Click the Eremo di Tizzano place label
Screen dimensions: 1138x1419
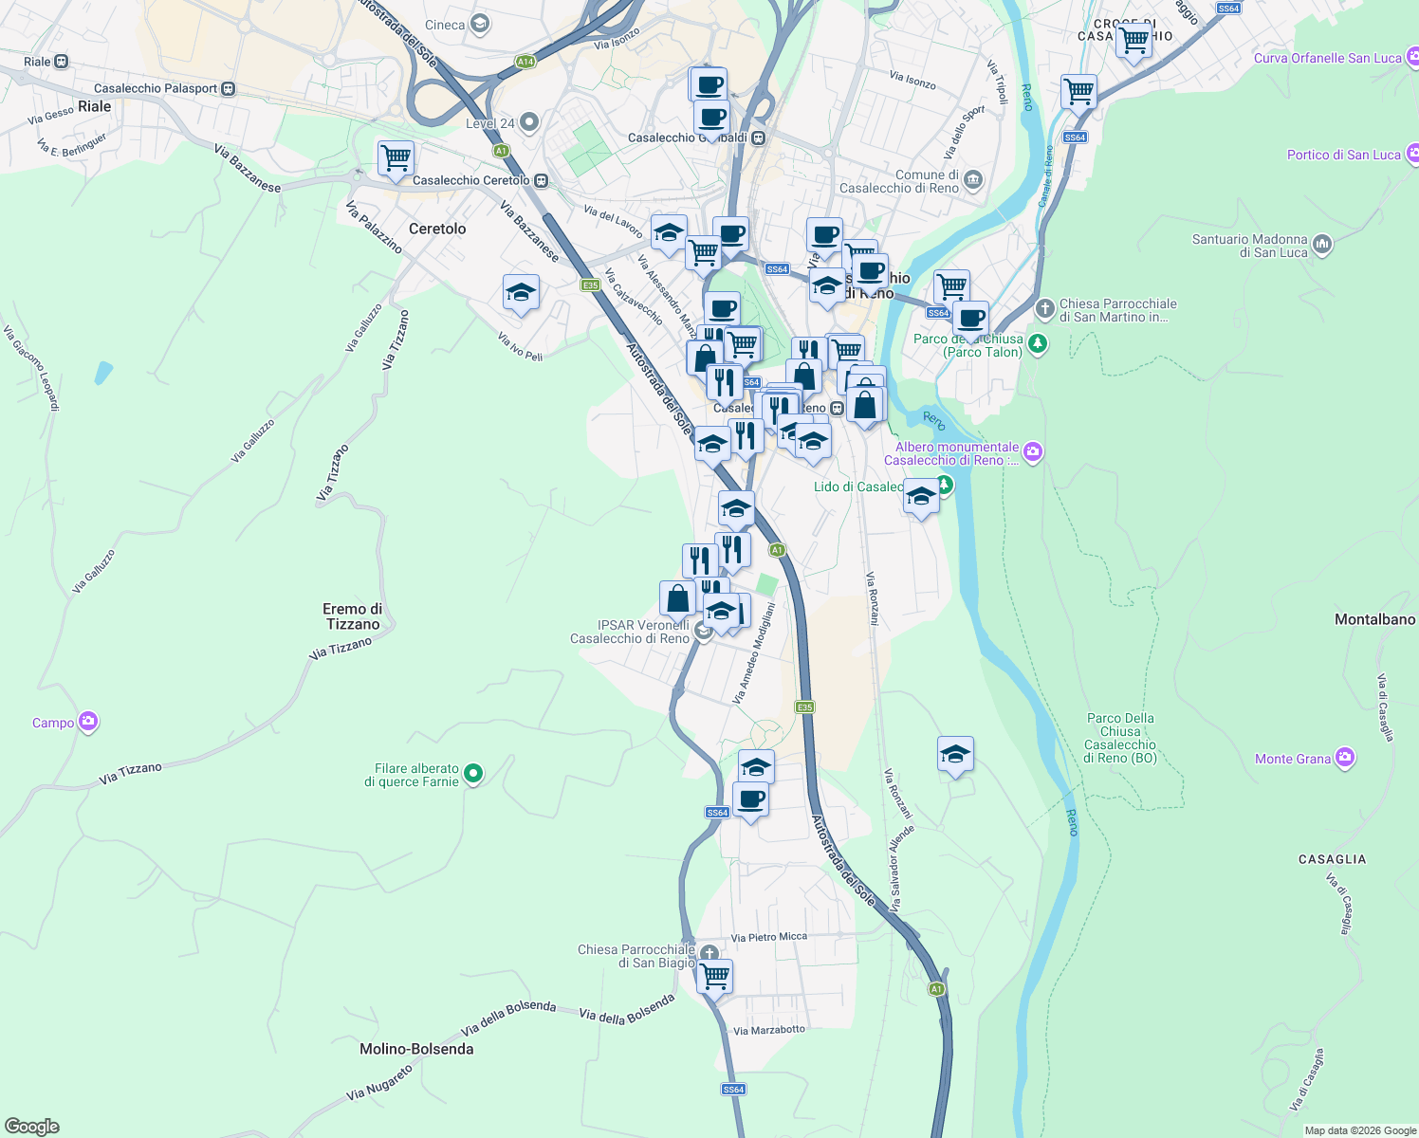353,616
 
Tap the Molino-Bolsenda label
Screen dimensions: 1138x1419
416,1049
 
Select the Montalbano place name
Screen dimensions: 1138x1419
1374,619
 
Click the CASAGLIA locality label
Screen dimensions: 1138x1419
1332,859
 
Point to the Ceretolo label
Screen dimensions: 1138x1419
437,229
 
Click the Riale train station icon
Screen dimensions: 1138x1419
62,62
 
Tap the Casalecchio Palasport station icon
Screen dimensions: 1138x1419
229,88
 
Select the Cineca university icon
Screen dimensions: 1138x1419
480,24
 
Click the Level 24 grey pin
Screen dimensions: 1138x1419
529,121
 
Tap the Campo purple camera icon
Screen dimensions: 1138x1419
88,723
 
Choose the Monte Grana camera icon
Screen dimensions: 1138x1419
1345,758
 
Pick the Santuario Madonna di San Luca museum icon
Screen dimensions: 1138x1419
1322,245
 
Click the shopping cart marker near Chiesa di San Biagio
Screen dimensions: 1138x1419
714,975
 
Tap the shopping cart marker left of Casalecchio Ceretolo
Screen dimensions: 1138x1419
396,157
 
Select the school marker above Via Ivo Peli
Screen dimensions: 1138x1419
521,293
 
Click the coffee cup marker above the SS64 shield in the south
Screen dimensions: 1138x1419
750,800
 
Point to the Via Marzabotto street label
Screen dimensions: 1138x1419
769,1030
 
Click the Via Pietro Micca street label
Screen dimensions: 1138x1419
769,937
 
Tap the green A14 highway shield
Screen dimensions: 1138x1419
525,62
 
